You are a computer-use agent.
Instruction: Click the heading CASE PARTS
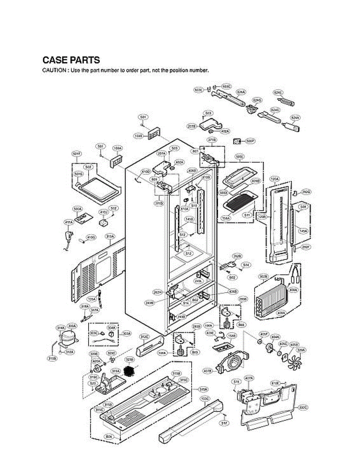click(71, 61)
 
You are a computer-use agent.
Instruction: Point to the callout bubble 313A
click(110, 236)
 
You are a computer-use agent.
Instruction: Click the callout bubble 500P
click(250, 141)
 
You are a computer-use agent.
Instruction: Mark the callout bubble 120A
click(275, 179)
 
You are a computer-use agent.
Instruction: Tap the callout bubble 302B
click(263, 276)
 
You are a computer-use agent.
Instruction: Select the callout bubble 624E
click(278, 93)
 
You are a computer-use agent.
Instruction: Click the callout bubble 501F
click(77, 154)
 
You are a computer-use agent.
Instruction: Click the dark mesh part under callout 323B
click(129, 371)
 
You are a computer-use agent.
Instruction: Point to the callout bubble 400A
click(293, 290)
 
